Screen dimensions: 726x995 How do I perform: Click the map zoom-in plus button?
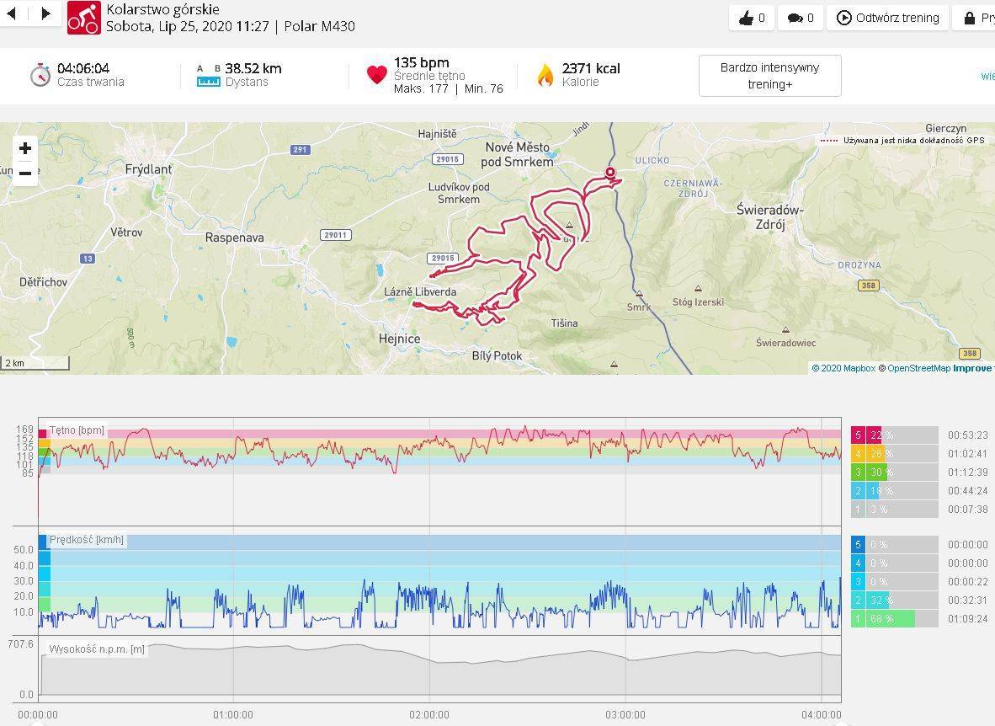pos(25,149)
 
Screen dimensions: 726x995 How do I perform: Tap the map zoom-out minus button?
pos(25,173)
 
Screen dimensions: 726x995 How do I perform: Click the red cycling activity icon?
pos(83,17)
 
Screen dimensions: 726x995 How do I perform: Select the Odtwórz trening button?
pos(888,18)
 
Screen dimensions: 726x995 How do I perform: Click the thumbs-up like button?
pos(752,18)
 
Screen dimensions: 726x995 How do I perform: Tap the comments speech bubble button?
pos(800,18)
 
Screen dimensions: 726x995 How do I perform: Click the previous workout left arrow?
pos(12,13)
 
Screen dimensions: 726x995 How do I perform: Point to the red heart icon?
pos(376,75)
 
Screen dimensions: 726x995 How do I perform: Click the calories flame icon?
pos(545,76)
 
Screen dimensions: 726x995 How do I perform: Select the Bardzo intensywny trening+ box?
pos(769,76)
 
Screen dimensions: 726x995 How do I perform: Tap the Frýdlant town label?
pos(148,169)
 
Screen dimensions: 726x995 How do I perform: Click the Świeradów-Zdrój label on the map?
pos(769,217)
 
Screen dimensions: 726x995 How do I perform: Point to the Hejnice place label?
pos(400,339)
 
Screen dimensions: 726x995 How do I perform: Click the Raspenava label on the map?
pos(235,238)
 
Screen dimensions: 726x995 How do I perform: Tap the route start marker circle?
pos(610,173)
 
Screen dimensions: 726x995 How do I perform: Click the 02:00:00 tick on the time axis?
pos(429,715)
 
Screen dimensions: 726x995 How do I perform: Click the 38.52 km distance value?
pos(253,68)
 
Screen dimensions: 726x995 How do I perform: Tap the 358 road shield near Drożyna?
pos(868,286)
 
